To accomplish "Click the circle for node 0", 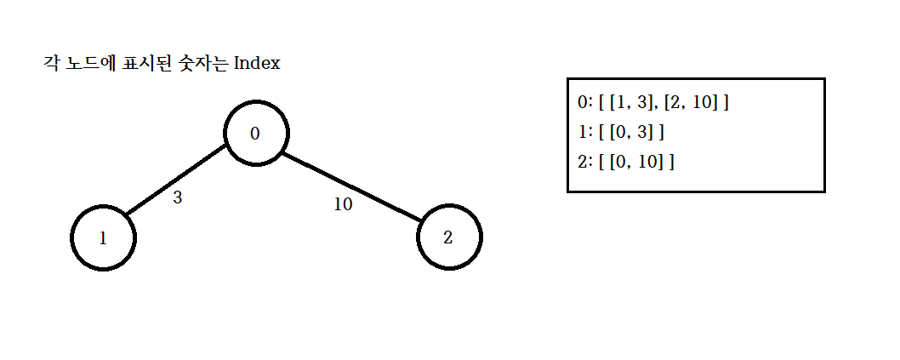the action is click(256, 134).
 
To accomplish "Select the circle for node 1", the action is click(103, 237).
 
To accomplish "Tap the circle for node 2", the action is click(449, 237).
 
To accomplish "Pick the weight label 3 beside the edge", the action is click(178, 198).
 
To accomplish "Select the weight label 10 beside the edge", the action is click(343, 205).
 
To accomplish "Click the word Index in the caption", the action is click(257, 64).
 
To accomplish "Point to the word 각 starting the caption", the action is click(49, 64).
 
